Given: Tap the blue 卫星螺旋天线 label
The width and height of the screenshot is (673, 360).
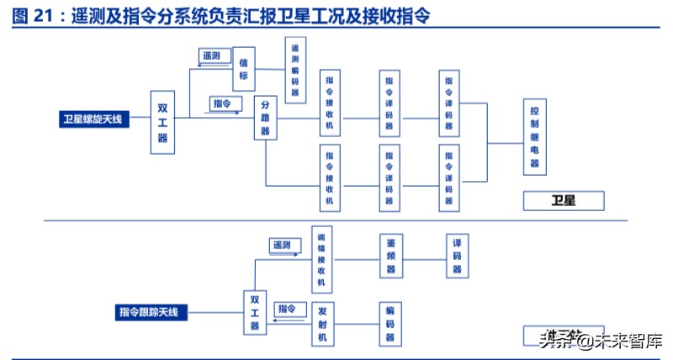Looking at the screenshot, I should coord(92,119).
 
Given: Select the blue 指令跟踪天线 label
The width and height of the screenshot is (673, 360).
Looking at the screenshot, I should coord(148,312).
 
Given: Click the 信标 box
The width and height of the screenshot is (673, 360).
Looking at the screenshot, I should coord(243,69).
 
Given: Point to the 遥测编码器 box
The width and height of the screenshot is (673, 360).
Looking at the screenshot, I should coord(294,71).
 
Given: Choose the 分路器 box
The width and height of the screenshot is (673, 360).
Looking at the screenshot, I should coord(266,119).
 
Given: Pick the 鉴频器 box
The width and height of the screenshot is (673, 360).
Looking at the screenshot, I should coord(389,256).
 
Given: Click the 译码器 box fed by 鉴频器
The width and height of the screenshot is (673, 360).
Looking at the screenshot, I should coord(457,256).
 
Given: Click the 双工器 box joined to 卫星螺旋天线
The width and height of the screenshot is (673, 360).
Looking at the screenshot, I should coord(162,123).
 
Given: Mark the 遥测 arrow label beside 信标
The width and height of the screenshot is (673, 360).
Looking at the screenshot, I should coord(211,56).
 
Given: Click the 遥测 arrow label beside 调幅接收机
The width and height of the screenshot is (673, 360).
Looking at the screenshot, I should coord(281,245).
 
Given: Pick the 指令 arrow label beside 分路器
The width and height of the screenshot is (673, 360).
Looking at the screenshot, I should coord(223,103).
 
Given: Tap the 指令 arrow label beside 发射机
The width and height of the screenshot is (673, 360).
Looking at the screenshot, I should coord(287,309).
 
